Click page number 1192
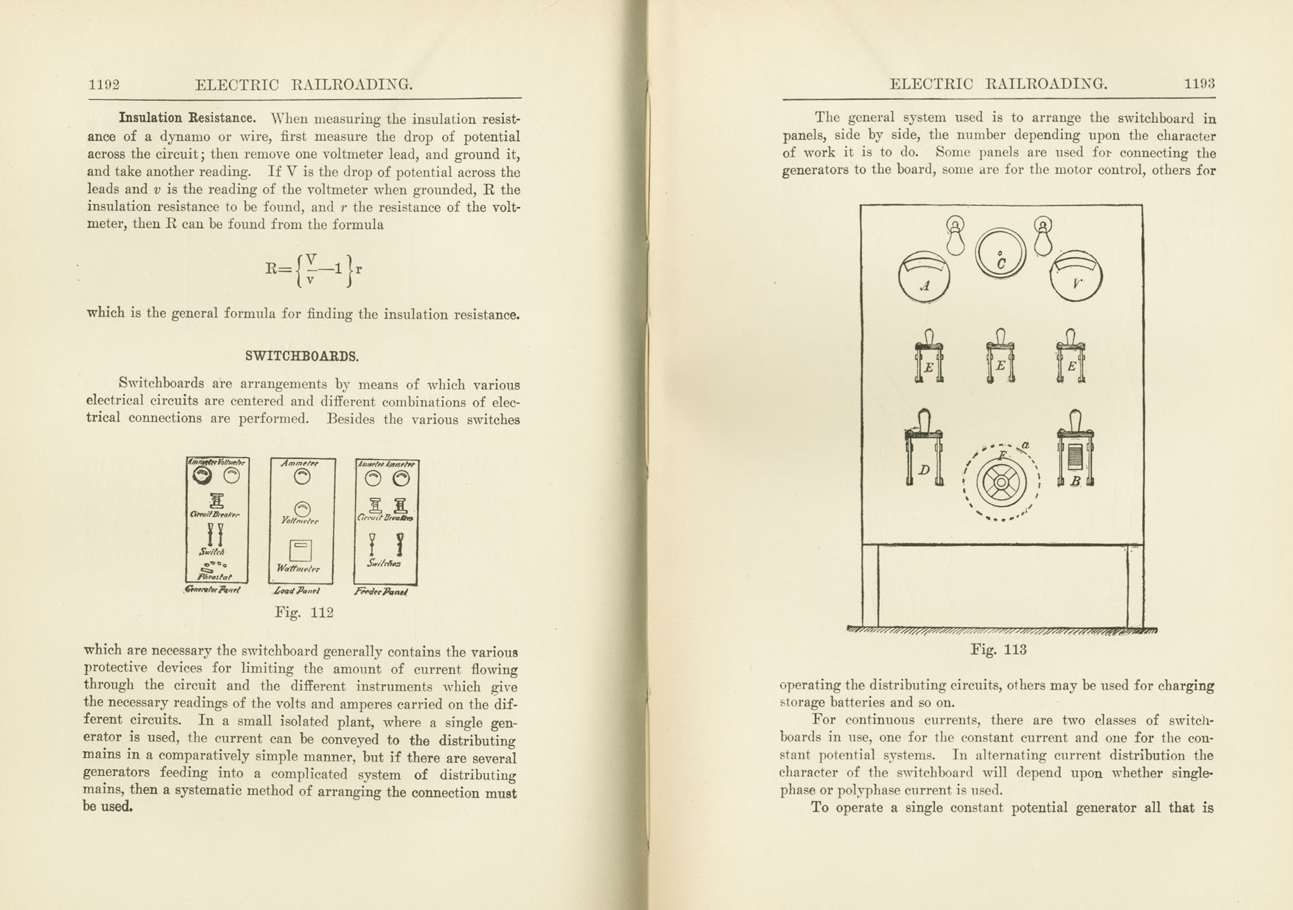104,85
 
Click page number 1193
1199,84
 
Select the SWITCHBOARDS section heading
302,356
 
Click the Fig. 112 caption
304,612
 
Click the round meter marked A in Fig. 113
925,276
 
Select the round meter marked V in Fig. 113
1076,276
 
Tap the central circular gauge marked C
1000,252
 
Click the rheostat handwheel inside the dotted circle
1001,482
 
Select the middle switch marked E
1000,358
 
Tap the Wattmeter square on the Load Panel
300,550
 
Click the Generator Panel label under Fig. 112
213,590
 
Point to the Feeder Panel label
381,591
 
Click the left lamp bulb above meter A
955,236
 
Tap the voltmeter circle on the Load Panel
302,509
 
